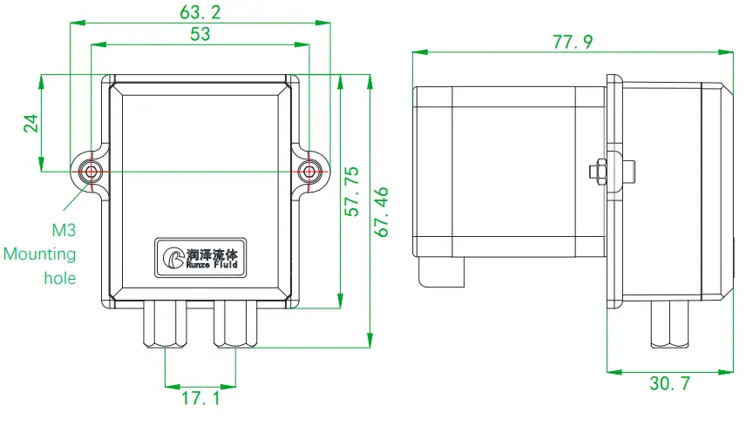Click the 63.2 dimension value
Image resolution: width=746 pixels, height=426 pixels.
coord(200,12)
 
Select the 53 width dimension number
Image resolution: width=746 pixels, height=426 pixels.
coord(200,34)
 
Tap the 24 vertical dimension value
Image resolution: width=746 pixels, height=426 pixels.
coord(31,123)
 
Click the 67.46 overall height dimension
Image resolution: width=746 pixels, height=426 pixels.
coord(382,211)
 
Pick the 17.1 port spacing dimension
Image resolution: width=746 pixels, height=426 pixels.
coord(200,399)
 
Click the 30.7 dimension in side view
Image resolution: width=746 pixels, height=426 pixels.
coord(669,384)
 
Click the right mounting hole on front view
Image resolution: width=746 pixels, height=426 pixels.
coord(309,171)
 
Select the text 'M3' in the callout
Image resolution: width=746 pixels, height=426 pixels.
coord(64,232)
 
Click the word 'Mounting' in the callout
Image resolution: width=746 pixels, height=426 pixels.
coord(39,255)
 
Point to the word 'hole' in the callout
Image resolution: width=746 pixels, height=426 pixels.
coord(59,279)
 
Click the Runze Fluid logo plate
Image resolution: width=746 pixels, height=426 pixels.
coord(200,257)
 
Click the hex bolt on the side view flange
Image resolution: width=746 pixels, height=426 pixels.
coord(600,171)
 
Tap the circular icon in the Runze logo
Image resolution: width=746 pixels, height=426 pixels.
coord(171,257)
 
